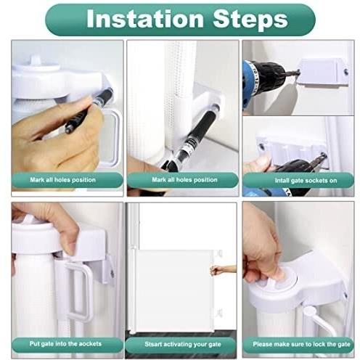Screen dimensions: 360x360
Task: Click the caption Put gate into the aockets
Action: point(67,343)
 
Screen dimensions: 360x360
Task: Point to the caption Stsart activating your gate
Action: point(181,343)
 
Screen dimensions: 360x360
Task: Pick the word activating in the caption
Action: point(176,343)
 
